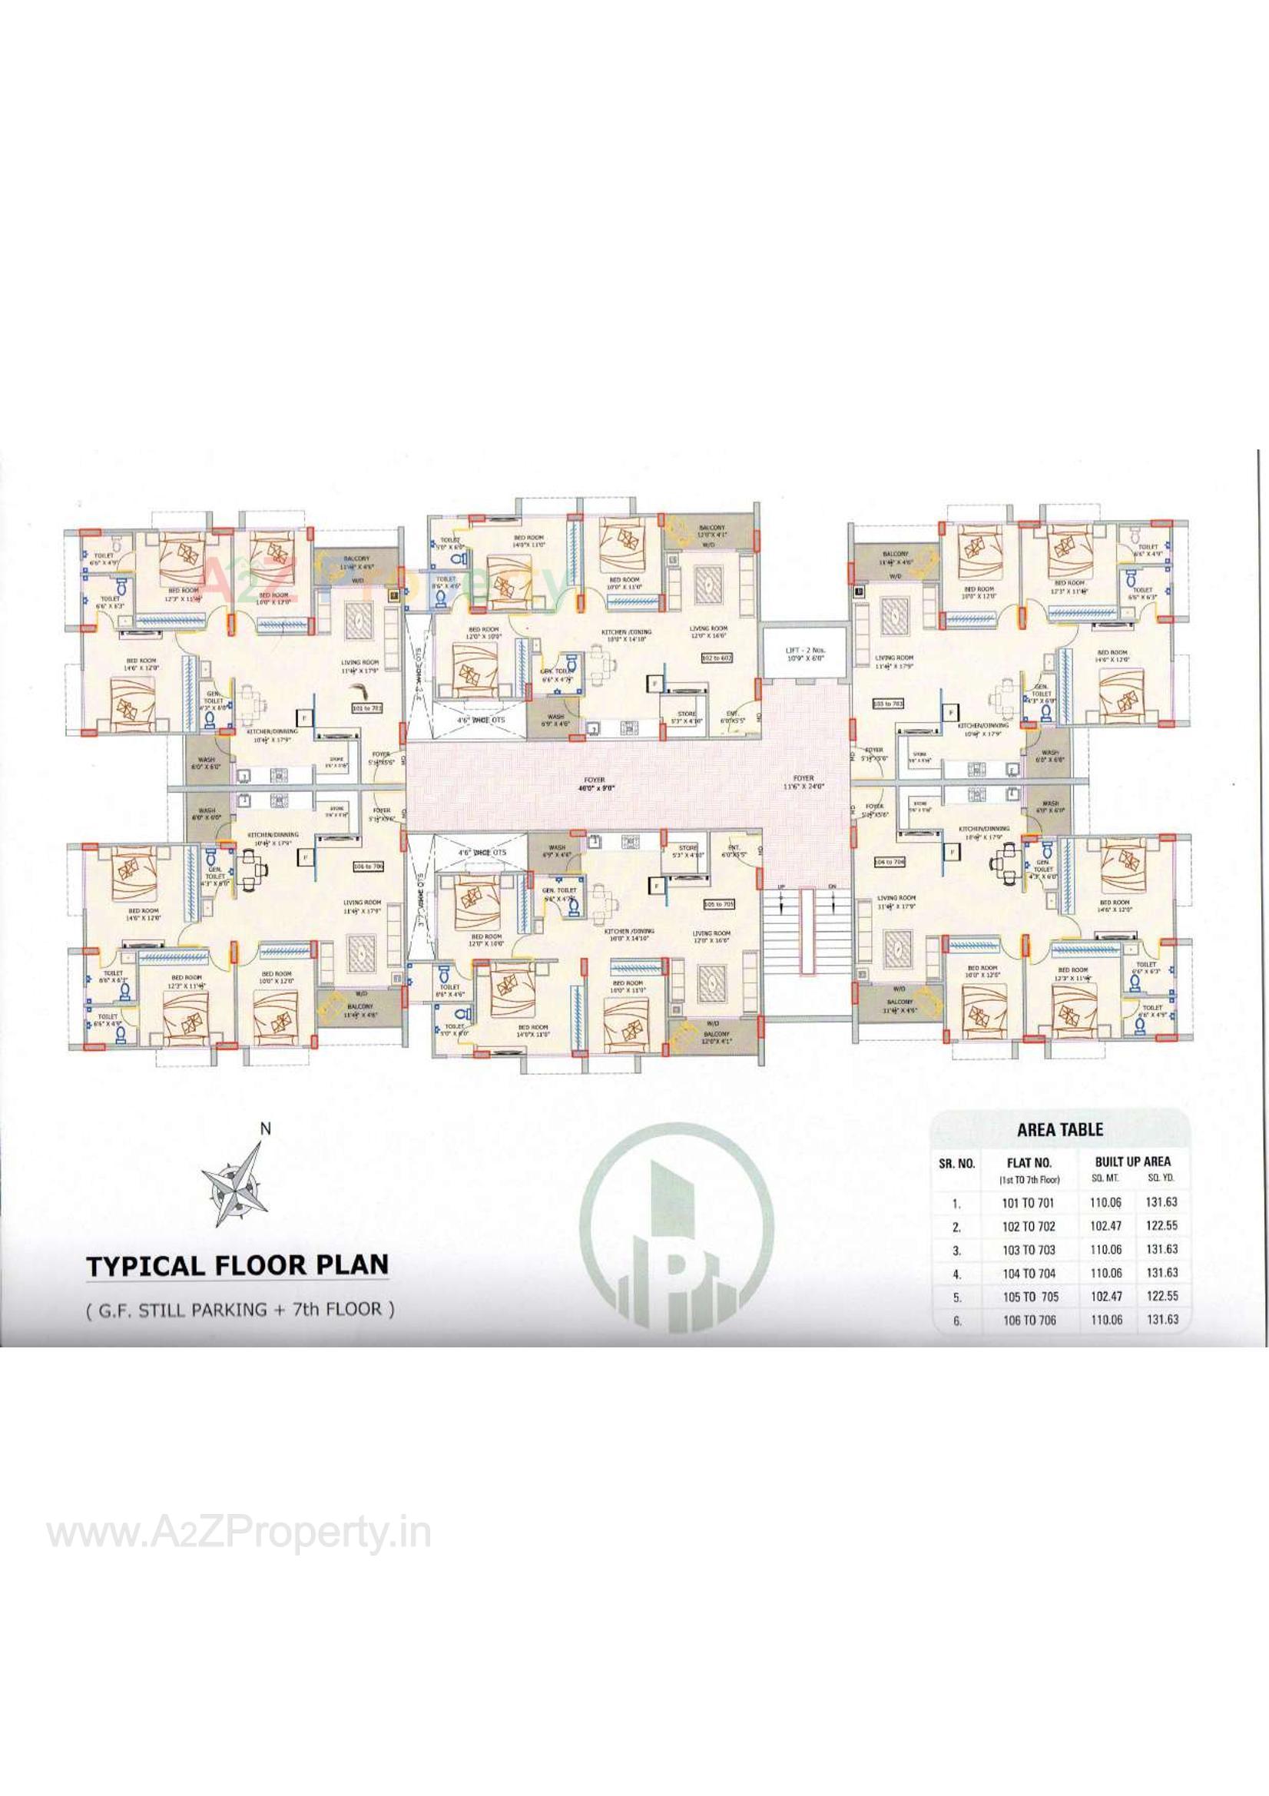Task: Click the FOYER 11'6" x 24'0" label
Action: coord(803,782)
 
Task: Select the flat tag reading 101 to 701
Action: coord(368,707)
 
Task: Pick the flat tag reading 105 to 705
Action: coord(719,904)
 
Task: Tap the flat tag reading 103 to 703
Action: coord(888,704)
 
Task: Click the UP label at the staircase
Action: coord(780,886)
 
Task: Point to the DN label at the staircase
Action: coord(832,886)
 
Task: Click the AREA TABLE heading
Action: coord(1059,1129)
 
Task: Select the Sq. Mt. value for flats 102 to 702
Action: coord(1105,1226)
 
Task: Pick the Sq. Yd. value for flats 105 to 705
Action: coord(1161,1296)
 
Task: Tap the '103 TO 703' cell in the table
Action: coord(1029,1249)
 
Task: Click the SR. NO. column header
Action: coord(956,1163)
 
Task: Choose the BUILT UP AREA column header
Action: coord(1133,1161)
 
